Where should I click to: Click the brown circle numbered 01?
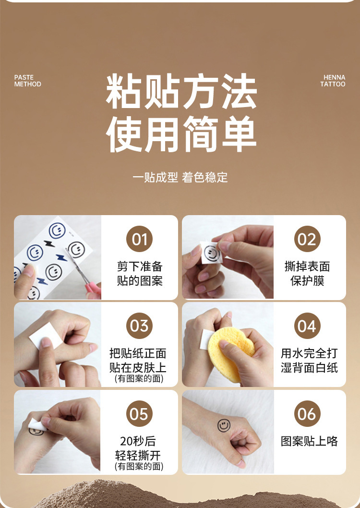(139, 239)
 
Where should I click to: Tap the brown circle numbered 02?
(307, 239)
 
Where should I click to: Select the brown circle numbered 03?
(139, 326)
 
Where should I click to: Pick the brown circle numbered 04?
(307, 326)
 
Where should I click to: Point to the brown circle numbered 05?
(139, 414)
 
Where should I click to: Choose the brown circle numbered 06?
(307, 414)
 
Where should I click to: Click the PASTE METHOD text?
(27, 81)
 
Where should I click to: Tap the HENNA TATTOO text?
(333, 81)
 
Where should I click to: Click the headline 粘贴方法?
(181, 92)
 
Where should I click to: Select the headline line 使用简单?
(181, 134)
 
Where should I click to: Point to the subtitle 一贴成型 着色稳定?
(180, 177)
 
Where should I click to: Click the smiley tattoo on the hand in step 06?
(224, 425)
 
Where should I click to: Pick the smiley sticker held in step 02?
(211, 253)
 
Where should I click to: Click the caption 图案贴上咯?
(309, 441)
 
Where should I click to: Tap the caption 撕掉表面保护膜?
(307, 273)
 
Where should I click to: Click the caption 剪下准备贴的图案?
(140, 273)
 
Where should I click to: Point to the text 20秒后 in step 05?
(138, 441)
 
